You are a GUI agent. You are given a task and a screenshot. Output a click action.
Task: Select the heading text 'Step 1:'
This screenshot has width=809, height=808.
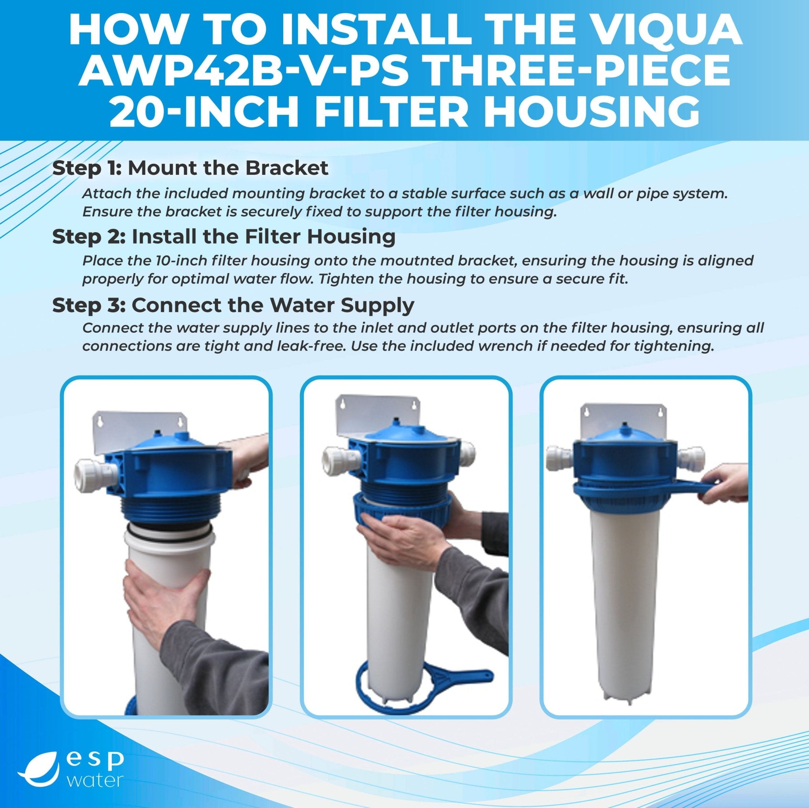(x=87, y=168)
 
